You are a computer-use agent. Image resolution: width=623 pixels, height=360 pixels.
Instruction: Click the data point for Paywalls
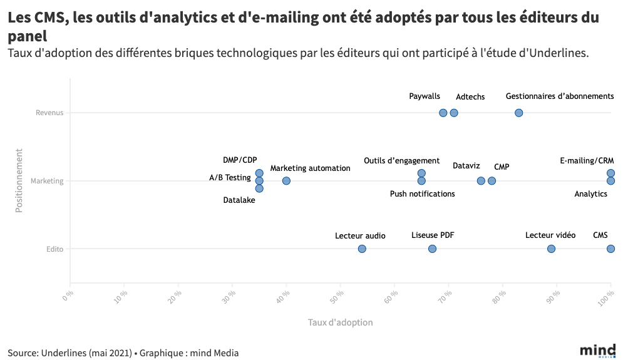coord(443,113)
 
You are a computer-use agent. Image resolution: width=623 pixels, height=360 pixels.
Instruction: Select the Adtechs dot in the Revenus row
coord(454,113)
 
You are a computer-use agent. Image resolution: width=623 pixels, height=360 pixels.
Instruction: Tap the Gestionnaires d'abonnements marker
coord(519,113)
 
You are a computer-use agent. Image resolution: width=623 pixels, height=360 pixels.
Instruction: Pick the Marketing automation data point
coord(286,181)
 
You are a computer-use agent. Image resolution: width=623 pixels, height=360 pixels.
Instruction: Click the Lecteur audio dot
coord(362,249)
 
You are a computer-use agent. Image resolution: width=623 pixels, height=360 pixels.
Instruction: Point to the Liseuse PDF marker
coord(432,249)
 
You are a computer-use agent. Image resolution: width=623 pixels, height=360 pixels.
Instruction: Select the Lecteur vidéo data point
coord(551,249)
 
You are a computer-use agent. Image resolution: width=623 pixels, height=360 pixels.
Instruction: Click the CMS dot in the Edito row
coord(610,249)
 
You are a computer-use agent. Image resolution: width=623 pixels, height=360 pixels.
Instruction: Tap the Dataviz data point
coord(481,181)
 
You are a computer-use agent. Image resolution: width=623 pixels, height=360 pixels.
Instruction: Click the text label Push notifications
coord(422,194)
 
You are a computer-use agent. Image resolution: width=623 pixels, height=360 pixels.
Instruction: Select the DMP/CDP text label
coord(240,160)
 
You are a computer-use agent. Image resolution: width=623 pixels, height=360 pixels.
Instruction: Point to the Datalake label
coord(239,200)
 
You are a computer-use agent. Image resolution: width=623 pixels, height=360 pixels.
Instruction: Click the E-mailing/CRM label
coord(587,161)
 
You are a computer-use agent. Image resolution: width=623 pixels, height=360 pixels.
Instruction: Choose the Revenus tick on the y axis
coord(49,113)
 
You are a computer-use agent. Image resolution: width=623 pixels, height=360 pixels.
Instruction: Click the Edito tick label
coord(54,249)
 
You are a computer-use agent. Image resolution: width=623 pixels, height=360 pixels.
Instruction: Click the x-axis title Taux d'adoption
coord(340,322)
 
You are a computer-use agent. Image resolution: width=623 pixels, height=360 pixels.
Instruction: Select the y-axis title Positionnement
coord(19,180)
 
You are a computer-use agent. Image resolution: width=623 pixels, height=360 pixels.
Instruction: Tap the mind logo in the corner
coord(597,350)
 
